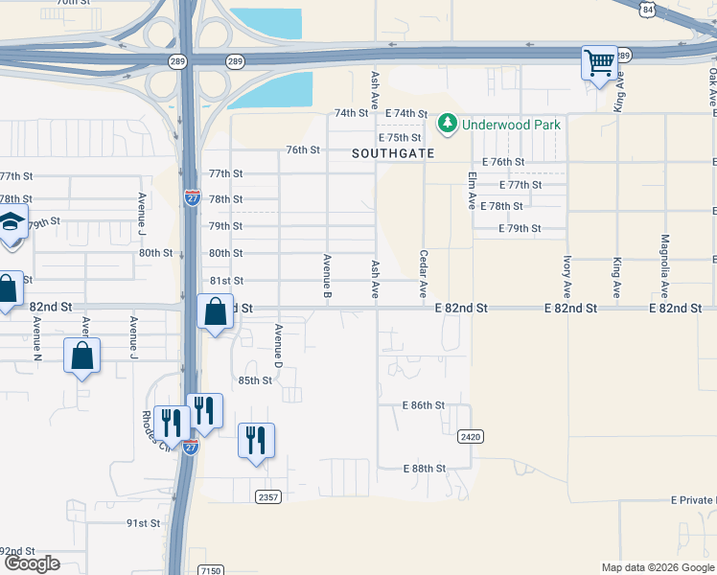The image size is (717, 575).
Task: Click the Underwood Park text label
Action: point(511,124)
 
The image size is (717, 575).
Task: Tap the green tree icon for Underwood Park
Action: point(447,124)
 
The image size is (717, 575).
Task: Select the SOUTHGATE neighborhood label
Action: point(393,153)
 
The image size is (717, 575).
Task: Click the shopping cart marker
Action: point(599,64)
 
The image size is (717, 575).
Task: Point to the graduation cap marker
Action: point(10,223)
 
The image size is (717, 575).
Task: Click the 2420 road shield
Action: point(469,436)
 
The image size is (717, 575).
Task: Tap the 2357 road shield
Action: point(268,495)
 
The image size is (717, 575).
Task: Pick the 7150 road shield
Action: point(210,570)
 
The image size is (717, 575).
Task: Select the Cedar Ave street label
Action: point(423,274)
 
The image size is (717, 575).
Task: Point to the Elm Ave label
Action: point(472,191)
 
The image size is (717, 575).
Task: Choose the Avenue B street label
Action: point(327,273)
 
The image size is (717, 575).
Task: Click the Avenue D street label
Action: point(279,346)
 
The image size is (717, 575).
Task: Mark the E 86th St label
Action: point(423,405)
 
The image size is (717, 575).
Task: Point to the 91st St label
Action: point(143,523)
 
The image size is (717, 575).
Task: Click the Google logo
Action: point(32,563)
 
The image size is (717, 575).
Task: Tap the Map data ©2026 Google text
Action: point(657,567)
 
